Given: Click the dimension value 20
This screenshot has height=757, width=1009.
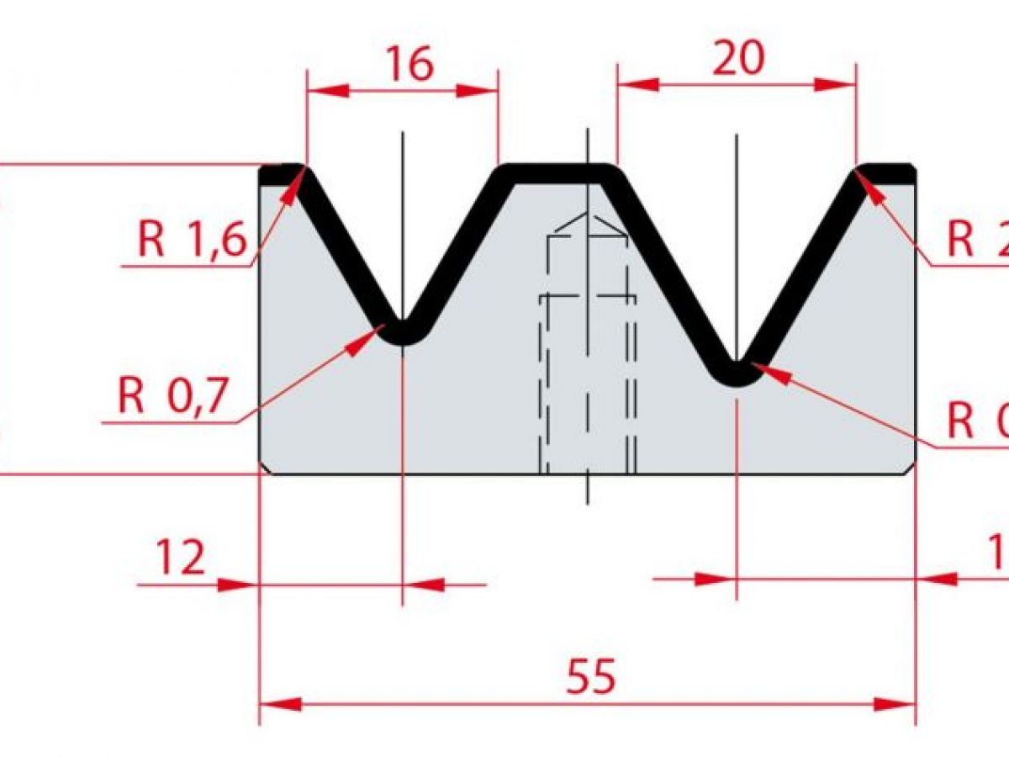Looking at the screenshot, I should [x=738, y=58].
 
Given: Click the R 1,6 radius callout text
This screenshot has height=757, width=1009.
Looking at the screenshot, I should [x=192, y=241].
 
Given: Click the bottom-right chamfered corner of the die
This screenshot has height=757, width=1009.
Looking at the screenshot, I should [x=910, y=468].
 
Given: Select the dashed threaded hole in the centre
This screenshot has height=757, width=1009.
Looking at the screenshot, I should [x=588, y=353].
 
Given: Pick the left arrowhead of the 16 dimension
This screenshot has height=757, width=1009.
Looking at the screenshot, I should [x=328, y=91].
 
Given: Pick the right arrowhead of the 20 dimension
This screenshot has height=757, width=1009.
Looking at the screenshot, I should [x=836, y=84].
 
